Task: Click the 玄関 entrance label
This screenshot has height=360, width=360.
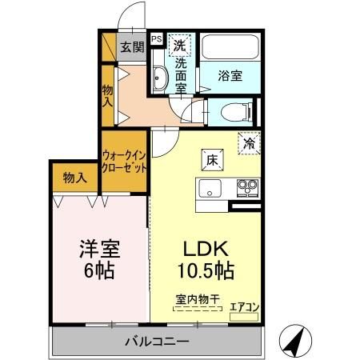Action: [x=132, y=46]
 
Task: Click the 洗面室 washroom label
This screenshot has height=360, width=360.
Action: [x=182, y=74]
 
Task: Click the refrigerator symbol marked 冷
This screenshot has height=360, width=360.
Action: [x=250, y=143]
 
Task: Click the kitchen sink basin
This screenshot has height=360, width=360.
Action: [x=210, y=190]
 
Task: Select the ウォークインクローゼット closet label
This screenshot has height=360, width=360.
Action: [x=125, y=161]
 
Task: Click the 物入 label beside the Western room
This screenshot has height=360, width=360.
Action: [x=75, y=177]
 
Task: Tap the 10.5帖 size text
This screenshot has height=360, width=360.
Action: [x=205, y=270]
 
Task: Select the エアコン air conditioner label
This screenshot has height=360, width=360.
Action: [x=244, y=306]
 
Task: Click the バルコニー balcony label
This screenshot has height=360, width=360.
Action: [x=156, y=342]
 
